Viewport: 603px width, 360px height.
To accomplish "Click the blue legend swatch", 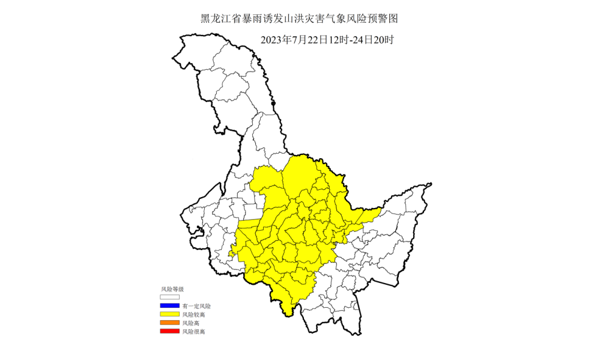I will click(x=170, y=306).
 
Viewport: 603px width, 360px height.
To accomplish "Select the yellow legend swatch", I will click(x=170, y=314).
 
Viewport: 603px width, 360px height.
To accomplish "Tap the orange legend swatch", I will click(x=170, y=323).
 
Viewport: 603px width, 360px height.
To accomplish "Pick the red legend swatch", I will click(x=170, y=332).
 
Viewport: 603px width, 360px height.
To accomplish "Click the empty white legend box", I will click(x=170, y=297).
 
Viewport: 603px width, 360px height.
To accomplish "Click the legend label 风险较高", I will click(x=193, y=314).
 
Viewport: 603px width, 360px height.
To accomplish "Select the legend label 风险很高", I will click(x=193, y=332).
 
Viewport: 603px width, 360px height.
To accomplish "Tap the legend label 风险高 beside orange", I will click(x=191, y=323).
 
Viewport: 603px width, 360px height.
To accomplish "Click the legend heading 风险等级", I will click(x=171, y=289).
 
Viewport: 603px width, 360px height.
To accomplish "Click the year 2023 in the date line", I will click(x=272, y=40).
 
